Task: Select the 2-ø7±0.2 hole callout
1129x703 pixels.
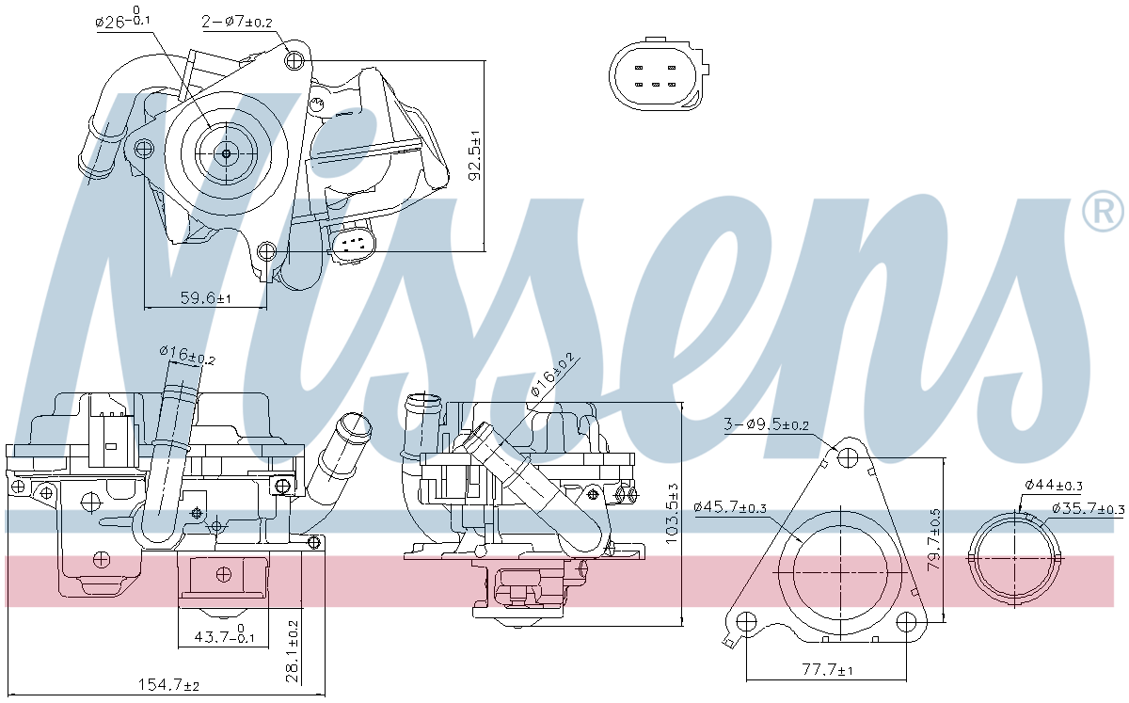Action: (237, 21)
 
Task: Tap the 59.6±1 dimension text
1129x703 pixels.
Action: (206, 298)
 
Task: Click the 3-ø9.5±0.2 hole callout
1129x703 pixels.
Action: (767, 424)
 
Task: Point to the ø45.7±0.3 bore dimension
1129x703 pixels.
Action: (730, 507)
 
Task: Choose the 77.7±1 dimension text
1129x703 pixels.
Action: (827, 670)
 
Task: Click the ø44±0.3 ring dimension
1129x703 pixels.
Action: (1054, 485)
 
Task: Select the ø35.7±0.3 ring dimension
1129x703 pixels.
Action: (1089, 509)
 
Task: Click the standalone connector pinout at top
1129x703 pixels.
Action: (658, 75)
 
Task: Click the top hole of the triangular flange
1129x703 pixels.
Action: (850, 458)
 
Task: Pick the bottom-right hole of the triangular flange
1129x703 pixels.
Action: (907, 622)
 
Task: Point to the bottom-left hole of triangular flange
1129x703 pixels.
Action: (745, 622)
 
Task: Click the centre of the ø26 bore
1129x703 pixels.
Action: (227, 154)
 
